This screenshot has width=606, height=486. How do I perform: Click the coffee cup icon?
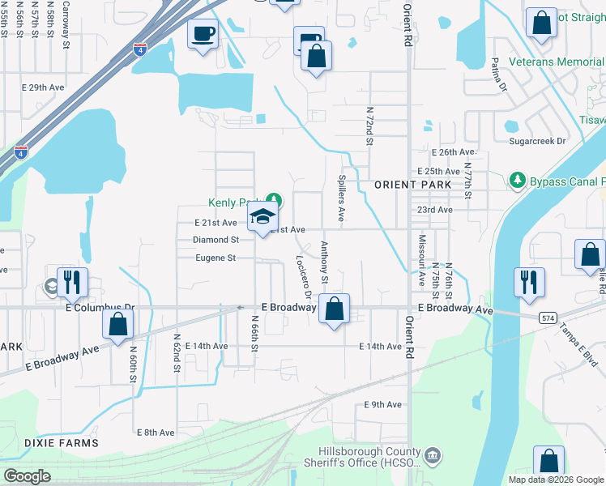pyautogui.click(x=203, y=34)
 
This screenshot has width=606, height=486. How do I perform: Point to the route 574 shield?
pyautogui.click(x=549, y=318)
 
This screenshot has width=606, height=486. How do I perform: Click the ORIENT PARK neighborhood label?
pyautogui.click(x=407, y=185)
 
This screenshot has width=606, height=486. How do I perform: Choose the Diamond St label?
pyautogui.click(x=216, y=240)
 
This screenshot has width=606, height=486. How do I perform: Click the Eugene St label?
pyautogui.click(x=215, y=258)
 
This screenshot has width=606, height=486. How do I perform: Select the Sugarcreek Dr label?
pyautogui.click(x=537, y=140)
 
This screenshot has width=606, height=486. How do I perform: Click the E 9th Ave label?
pyautogui.click(x=383, y=404)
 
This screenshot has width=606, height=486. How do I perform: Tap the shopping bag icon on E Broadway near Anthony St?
pyautogui.click(x=334, y=309)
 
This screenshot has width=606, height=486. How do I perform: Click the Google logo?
pyautogui.click(x=28, y=475)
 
